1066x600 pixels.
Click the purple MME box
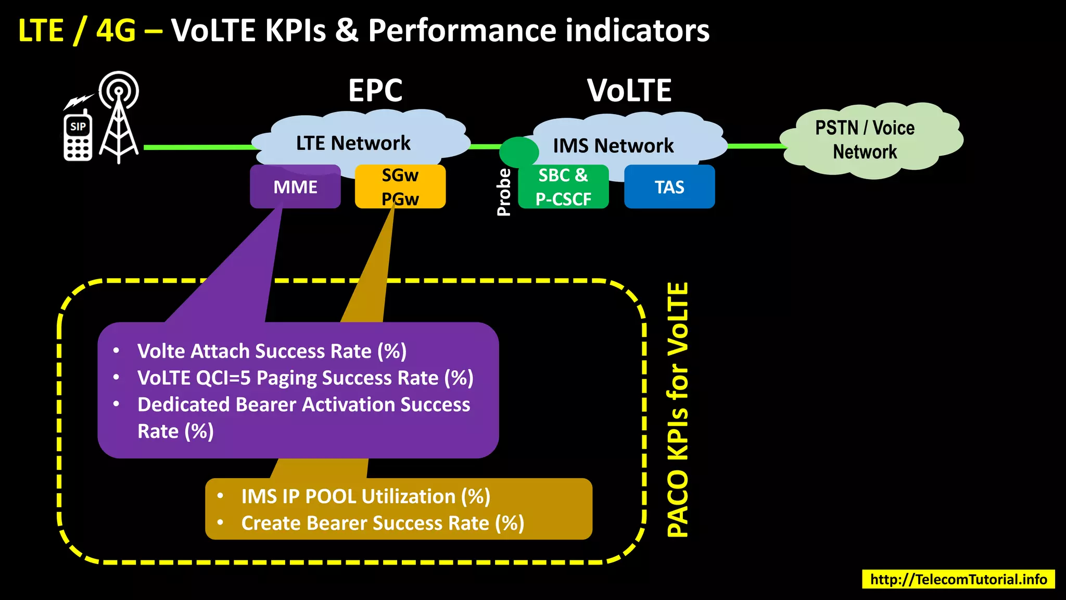pos(295,187)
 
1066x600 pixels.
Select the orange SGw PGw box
pos(400,186)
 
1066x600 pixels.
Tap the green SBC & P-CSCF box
pos(563,187)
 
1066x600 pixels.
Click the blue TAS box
pos(669,187)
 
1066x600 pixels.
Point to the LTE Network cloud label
pos(353,143)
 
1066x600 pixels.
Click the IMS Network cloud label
pos(613,146)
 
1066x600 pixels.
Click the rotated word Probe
pos(504,192)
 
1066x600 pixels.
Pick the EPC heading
pos(375,91)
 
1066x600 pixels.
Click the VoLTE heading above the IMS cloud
pos(629,91)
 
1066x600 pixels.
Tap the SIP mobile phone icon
pos(78,136)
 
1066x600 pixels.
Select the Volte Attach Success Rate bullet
pos(272,352)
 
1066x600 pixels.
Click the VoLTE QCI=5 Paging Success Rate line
pos(305,378)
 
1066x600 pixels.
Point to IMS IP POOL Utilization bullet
pos(365,497)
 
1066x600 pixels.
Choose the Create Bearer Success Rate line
pos(383,523)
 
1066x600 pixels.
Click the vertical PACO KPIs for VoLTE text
pos(678,409)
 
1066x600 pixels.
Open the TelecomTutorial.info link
pos(958,579)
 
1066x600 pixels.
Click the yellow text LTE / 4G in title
pos(77,30)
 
